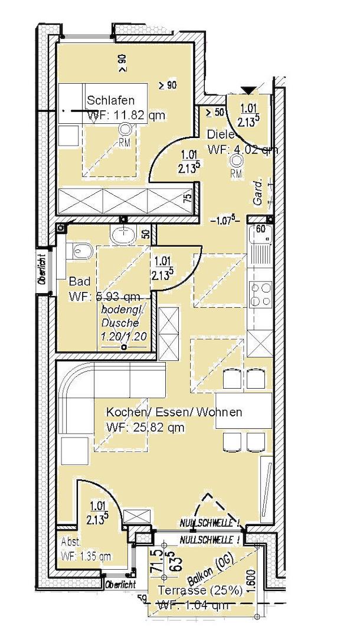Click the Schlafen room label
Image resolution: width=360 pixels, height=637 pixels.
pos(111,101)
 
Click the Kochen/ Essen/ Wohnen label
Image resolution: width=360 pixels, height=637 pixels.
pos(174,412)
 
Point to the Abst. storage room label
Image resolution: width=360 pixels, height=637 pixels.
pos(70,541)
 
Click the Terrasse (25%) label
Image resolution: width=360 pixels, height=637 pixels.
pos(198,590)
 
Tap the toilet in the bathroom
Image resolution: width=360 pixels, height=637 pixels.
pos(81,251)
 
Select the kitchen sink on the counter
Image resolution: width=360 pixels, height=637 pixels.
pos(261,251)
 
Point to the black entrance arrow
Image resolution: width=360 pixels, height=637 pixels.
pos(248,90)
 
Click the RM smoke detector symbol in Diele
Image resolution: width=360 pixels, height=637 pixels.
pos(237,160)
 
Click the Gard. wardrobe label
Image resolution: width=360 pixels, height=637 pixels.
pos(257,192)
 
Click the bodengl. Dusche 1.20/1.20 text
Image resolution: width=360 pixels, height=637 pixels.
pos(123,323)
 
